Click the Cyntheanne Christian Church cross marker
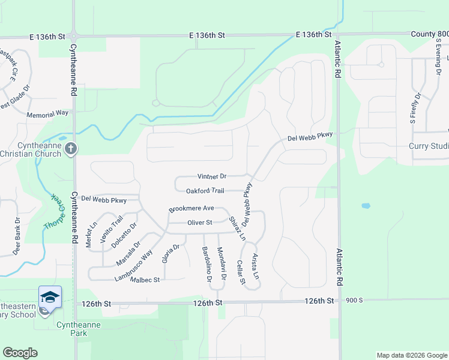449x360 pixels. click(71, 148)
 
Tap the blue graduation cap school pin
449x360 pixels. click(50, 297)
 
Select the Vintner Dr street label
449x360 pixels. click(212, 176)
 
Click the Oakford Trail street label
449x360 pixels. click(205, 191)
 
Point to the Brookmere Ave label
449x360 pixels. click(191, 208)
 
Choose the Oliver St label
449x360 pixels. click(200, 223)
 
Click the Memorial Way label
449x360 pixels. click(47, 113)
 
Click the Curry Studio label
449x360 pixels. click(430, 146)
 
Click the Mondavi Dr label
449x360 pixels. click(220, 263)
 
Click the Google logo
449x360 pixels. click(20, 353)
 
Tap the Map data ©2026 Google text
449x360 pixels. click(411, 355)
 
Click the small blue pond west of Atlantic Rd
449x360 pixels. click(366, 206)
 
